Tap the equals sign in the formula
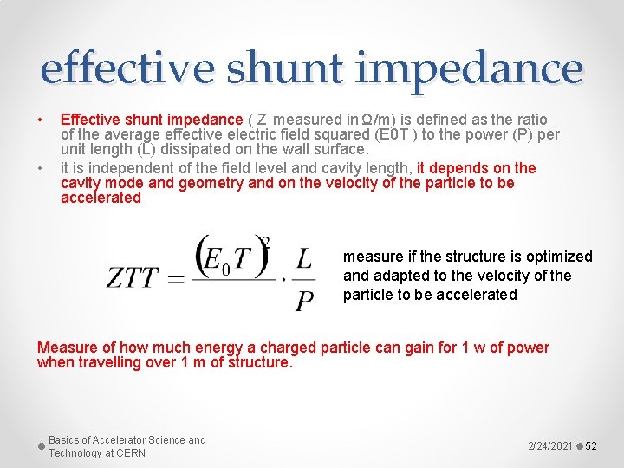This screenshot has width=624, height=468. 176,278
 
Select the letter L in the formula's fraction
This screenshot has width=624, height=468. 303,257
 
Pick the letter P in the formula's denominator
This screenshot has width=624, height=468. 304,300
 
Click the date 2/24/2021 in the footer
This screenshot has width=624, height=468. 549,445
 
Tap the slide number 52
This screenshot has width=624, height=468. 592,445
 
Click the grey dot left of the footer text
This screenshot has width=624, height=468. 42,446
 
